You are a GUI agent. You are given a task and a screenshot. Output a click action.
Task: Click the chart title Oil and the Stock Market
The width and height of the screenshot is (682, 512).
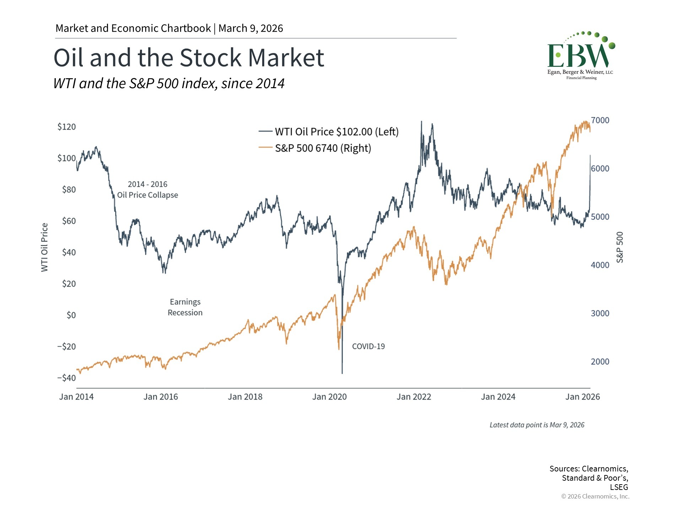click(189, 58)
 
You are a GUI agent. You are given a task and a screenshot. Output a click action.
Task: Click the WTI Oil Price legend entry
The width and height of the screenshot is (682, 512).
click(336, 132)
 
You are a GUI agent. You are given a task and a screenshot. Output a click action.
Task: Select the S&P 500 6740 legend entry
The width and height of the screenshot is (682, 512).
click(323, 148)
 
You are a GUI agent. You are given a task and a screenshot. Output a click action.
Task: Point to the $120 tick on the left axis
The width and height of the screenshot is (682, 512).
click(66, 127)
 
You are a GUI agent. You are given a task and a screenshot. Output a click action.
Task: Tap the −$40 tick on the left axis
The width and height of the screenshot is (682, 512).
click(66, 378)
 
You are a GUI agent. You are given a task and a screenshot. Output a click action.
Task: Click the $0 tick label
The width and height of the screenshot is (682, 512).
click(71, 315)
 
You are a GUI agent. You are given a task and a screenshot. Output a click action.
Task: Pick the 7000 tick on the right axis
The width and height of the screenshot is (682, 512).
click(600, 121)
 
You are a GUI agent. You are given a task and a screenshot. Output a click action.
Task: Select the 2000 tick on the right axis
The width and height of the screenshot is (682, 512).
click(600, 362)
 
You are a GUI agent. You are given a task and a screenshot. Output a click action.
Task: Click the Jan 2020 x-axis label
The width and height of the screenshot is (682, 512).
click(329, 397)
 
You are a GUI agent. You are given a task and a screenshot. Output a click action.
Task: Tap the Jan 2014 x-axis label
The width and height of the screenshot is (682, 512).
click(76, 397)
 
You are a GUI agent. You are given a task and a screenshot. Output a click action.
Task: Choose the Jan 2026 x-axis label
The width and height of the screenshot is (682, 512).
click(583, 397)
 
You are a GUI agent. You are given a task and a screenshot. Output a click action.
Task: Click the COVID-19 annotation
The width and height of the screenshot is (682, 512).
click(368, 347)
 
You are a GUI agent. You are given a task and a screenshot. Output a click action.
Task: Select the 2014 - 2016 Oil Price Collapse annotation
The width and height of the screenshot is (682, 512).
click(147, 190)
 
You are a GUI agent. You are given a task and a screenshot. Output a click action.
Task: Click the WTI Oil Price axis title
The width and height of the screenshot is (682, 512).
click(44, 247)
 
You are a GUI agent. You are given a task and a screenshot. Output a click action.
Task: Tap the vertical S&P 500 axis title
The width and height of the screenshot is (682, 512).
click(620, 247)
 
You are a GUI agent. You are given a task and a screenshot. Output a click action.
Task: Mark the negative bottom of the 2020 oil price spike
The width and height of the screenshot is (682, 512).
click(342, 373)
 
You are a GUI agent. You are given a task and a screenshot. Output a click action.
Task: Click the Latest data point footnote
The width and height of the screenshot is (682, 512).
click(537, 425)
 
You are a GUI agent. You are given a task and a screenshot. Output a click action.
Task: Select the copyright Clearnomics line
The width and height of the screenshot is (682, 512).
click(595, 497)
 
